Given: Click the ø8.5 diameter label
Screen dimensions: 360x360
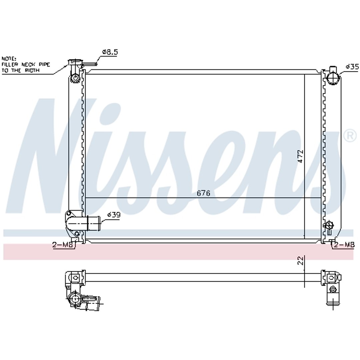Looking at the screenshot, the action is point(110,52).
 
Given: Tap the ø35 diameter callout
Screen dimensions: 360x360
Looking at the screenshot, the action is point(352,67).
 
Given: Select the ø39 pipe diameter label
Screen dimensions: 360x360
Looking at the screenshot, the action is point(114,215).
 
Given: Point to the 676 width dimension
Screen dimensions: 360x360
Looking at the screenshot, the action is point(203,193).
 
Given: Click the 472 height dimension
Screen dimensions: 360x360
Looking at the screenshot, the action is point(301,156).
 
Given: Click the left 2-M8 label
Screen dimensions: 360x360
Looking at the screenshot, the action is point(63,245).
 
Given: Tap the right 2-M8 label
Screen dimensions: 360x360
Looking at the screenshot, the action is point(344,245).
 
